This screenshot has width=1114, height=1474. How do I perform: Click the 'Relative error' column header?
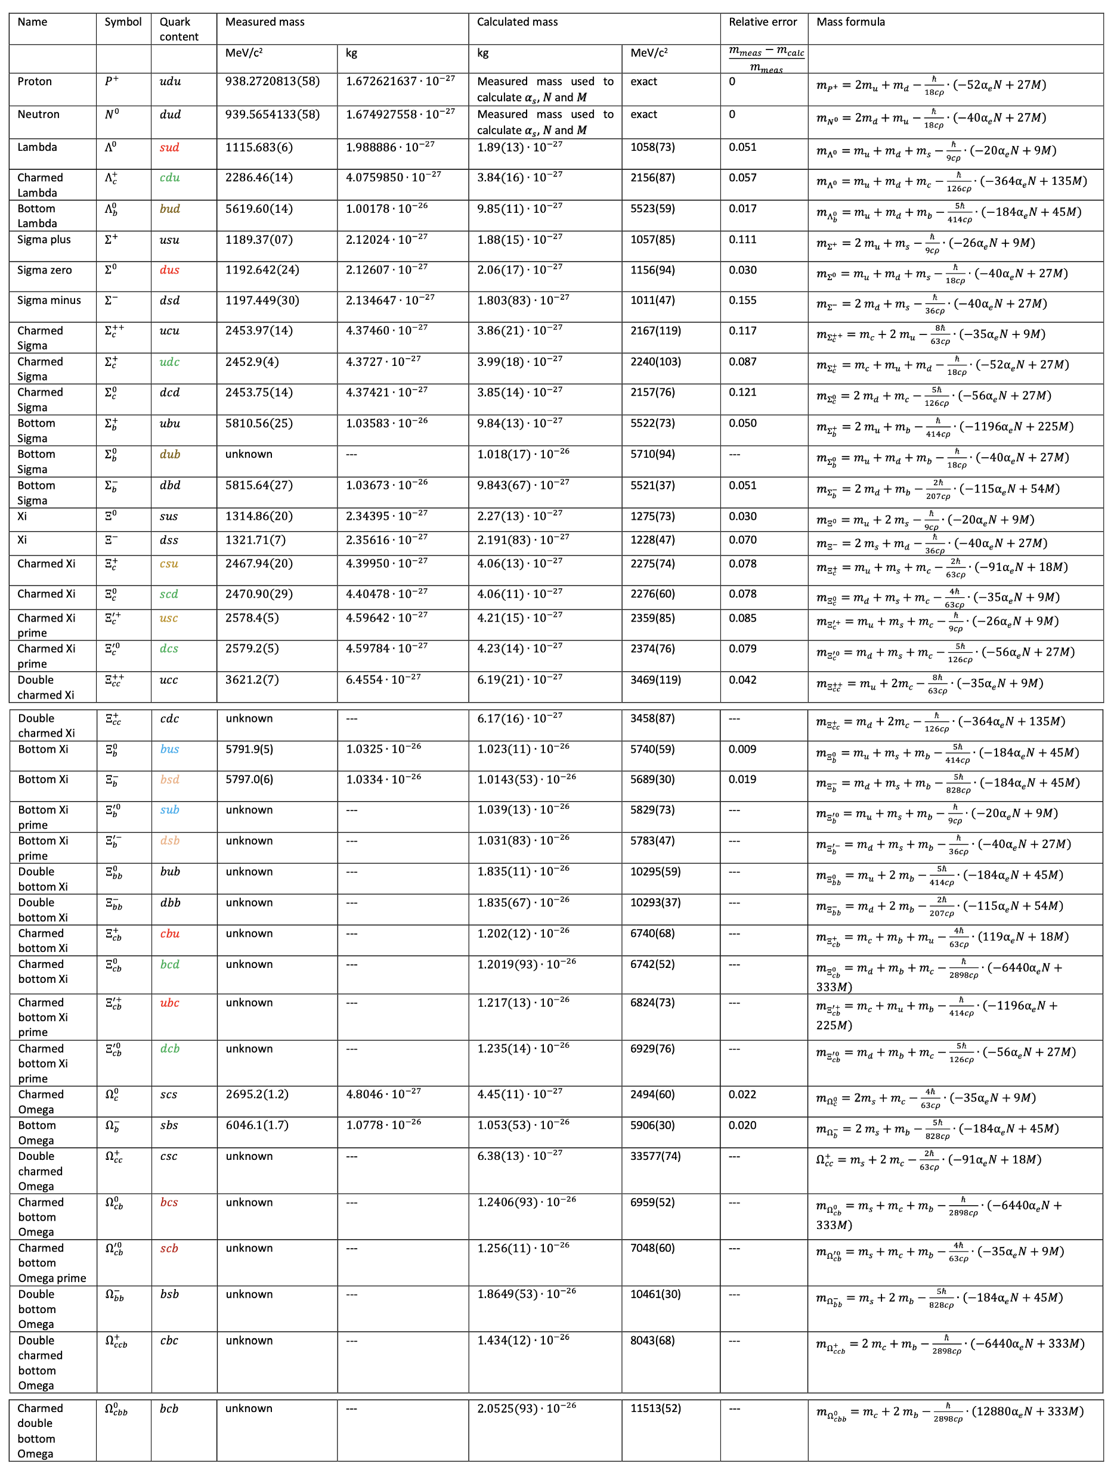point(762,22)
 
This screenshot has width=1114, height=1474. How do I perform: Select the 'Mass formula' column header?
point(850,22)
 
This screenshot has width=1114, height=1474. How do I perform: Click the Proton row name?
point(35,81)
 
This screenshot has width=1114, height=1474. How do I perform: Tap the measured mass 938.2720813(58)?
point(272,81)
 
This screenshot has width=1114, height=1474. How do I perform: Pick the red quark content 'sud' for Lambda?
point(169,147)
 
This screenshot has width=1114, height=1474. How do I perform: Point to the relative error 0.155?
point(742,300)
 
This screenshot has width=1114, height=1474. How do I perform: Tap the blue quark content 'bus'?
point(169,749)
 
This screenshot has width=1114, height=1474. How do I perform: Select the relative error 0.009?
point(742,749)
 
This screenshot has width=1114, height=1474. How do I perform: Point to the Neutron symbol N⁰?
point(112,114)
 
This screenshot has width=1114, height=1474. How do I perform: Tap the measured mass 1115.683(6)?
point(259,147)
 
